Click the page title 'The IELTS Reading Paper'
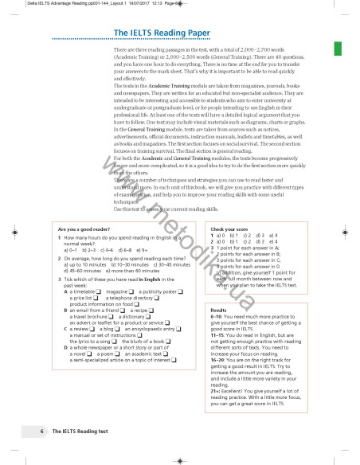(159, 33)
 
